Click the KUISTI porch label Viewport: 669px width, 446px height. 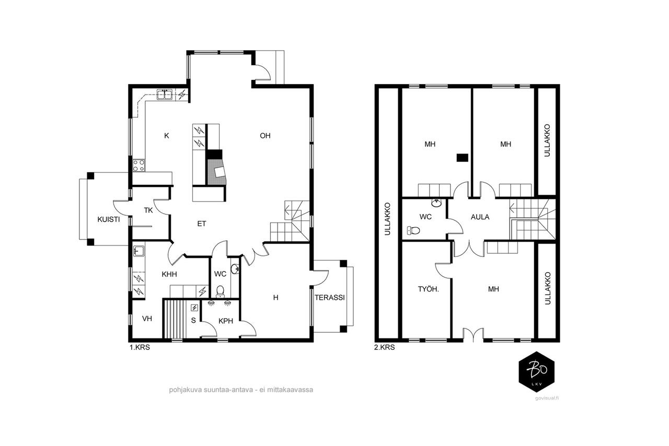108,219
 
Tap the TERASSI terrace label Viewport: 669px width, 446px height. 330,297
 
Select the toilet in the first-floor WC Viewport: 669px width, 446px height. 221,291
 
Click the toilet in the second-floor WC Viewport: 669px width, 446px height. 413,230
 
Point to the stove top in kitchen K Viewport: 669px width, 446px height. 139,165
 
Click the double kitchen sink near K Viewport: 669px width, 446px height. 165,95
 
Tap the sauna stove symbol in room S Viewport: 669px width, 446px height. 194,308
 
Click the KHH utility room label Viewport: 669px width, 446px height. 169,274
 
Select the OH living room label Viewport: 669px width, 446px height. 265,136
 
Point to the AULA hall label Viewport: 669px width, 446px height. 480,217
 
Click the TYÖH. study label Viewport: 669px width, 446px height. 428,289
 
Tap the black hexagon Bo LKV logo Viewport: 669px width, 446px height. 537,372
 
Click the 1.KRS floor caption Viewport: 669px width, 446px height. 140,347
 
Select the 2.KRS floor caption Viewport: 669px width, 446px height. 384,347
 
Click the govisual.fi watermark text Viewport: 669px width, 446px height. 547,398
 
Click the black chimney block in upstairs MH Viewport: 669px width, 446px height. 463,158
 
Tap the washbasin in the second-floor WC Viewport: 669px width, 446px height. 436,203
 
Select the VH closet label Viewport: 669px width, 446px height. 147,319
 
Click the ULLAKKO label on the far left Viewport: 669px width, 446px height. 387,219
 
